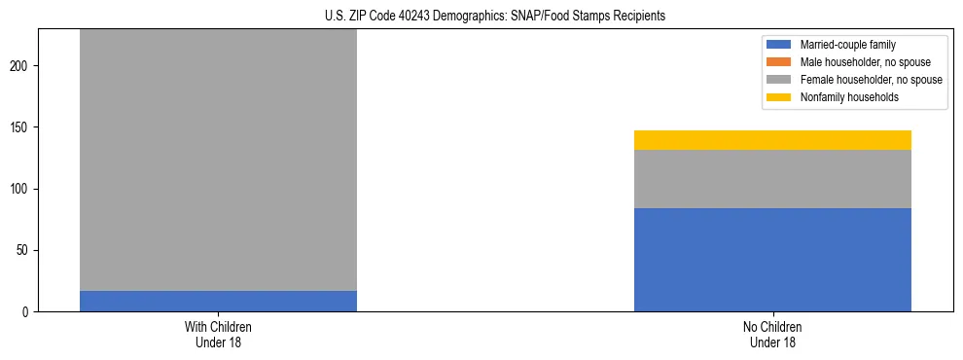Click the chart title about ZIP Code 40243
pos(495,17)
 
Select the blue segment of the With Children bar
pos(218,301)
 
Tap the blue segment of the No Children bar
pos(772,260)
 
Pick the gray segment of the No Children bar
pos(772,179)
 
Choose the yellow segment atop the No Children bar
pos(772,140)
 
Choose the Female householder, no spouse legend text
pos(871,80)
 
